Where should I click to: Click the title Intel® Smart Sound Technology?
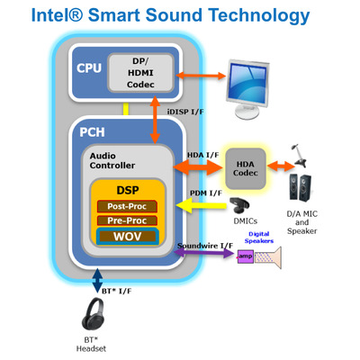tap(179, 15)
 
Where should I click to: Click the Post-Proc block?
tap(126, 206)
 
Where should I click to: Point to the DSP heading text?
tap(126, 190)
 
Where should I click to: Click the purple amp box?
tap(245, 256)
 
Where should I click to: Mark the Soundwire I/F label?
tap(202, 246)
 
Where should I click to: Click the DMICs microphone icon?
tap(240, 206)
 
